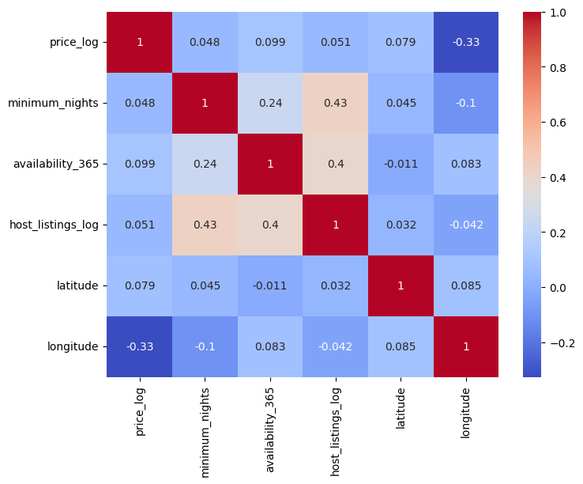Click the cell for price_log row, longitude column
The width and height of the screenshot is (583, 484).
(466, 42)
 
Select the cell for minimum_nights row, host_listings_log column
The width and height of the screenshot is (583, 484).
(336, 103)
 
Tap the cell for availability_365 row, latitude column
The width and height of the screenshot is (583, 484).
(401, 164)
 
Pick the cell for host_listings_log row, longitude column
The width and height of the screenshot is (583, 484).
(466, 225)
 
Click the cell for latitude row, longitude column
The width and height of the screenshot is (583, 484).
(466, 286)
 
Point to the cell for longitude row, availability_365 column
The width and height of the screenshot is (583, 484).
(270, 346)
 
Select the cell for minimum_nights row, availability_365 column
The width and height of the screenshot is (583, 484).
(270, 103)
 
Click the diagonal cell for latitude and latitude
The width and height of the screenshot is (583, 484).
(401, 286)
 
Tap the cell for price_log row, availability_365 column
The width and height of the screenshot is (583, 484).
(270, 42)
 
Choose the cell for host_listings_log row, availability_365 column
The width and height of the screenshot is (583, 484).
(270, 225)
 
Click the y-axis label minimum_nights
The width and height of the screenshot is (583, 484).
(53, 103)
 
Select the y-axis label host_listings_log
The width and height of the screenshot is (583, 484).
(54, 225)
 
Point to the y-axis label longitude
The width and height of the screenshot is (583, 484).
(73, 346)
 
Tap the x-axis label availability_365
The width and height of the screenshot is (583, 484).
(270, 430)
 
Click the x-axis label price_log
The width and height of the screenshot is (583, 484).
(140, 411)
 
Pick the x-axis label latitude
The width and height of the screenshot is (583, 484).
(401, 408)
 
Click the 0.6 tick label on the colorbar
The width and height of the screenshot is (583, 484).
(558, 123)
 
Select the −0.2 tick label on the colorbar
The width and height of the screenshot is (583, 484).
(562, 343)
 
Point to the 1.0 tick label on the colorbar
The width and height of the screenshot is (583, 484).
(558, 13)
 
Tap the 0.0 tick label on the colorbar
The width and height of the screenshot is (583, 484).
(558, 288)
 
